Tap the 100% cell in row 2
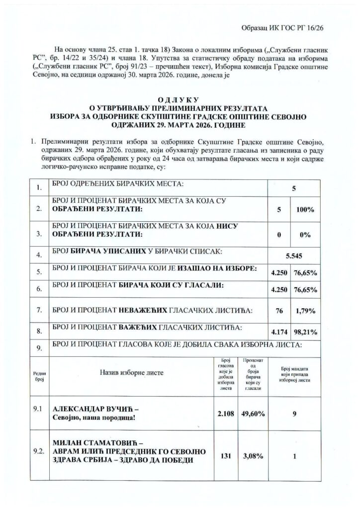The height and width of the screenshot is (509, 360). coord(305,210)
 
